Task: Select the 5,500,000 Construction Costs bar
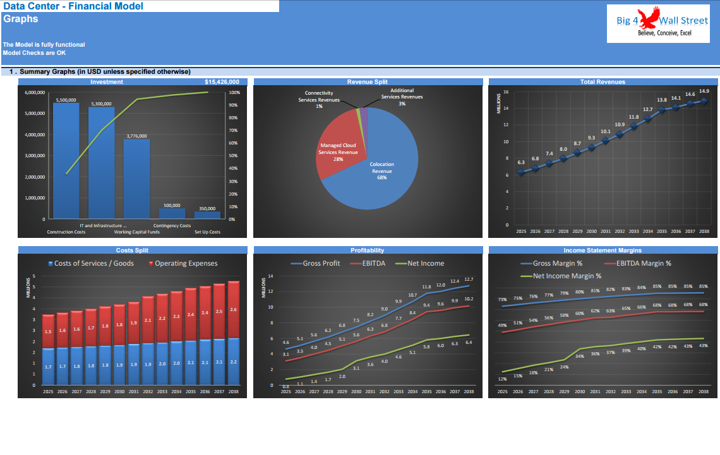[66, 161]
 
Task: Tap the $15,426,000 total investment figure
[222, 82]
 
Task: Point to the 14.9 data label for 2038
[704, 91]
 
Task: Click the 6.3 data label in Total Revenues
[521, 162]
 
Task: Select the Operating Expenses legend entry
[183, 263]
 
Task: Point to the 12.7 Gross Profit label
[468, 279]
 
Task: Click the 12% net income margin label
[502, 379]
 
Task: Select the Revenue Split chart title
[367, 82]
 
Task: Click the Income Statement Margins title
[603, 250]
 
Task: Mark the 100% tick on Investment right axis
[234, 93]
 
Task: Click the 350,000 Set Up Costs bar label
[207, 208]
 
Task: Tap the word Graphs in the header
[21, 19]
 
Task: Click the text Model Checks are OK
[30, 52]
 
